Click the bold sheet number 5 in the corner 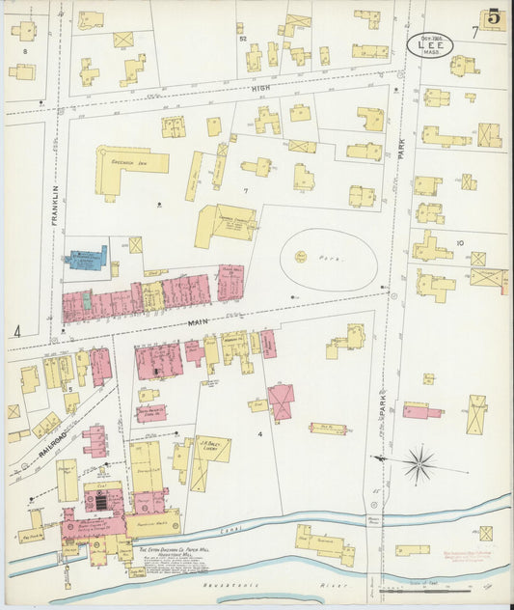(493, 17)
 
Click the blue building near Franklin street (86, 258)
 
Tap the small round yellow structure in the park (301, 257)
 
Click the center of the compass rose (419, 464)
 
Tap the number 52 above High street (242, 40)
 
